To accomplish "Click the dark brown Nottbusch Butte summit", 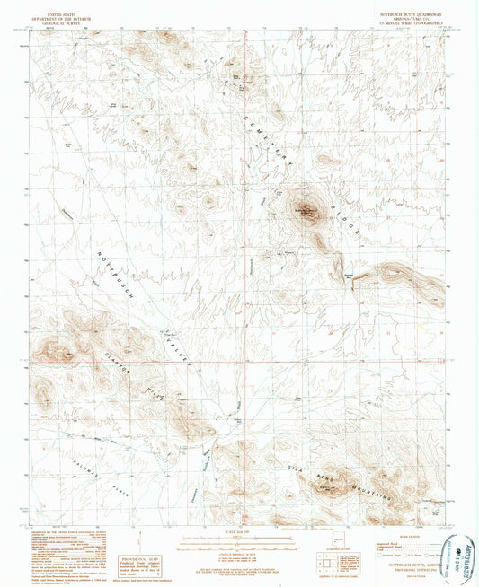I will pos(308,213).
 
